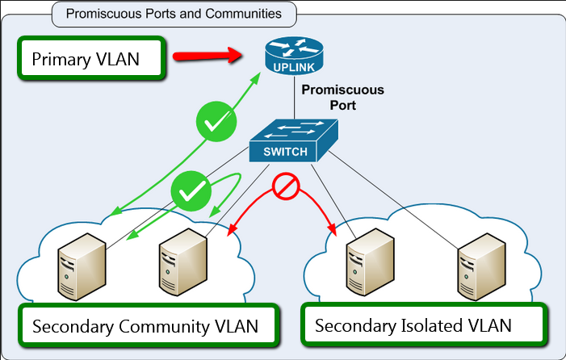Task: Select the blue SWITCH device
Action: click(291, 140)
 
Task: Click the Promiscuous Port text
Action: click(342, 97)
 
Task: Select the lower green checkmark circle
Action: click(190, 192)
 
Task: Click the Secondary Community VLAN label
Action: click(145, 326)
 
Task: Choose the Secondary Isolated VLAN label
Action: click(413, 326)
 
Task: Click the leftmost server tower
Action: click(81, 266)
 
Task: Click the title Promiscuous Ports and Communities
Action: click(174, 14)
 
